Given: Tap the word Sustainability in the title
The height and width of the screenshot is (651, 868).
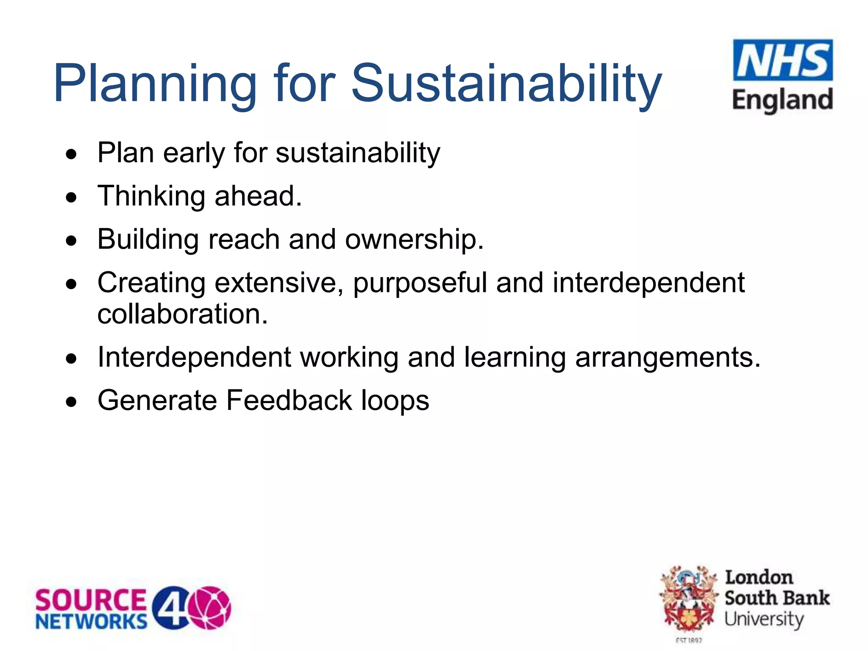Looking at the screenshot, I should [x=506, y=83].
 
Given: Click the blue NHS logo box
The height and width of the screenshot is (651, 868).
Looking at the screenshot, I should [x=783, y=60].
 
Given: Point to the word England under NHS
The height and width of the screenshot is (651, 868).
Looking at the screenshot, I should [x=782, y=100].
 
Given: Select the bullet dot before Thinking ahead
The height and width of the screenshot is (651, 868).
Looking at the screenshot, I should [x=72, y=198].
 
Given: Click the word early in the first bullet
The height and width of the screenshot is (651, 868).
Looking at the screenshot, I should [x=194, y=153].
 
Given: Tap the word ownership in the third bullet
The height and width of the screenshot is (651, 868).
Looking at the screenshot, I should [x=414, y=240].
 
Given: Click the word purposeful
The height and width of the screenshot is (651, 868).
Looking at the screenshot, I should [x=420, y=283].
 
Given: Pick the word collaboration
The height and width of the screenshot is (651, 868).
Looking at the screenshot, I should [x=183, y=314].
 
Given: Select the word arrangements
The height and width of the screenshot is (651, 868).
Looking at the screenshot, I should [x=668, y=358].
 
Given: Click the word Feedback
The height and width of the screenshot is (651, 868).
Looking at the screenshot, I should [x=289, y=401].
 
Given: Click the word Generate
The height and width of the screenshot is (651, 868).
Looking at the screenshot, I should [x=157, y=401].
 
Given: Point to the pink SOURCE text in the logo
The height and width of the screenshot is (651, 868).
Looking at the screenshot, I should [x=91, y=600].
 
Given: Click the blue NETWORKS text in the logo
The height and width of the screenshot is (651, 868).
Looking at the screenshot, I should [x=92, y=622].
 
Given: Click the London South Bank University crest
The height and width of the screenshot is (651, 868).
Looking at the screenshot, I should [x=689, y=600].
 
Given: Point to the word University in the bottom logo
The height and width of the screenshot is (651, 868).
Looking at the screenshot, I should [x=764, y=620].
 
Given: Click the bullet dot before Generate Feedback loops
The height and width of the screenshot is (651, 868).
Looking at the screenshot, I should [x=72, y=401].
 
